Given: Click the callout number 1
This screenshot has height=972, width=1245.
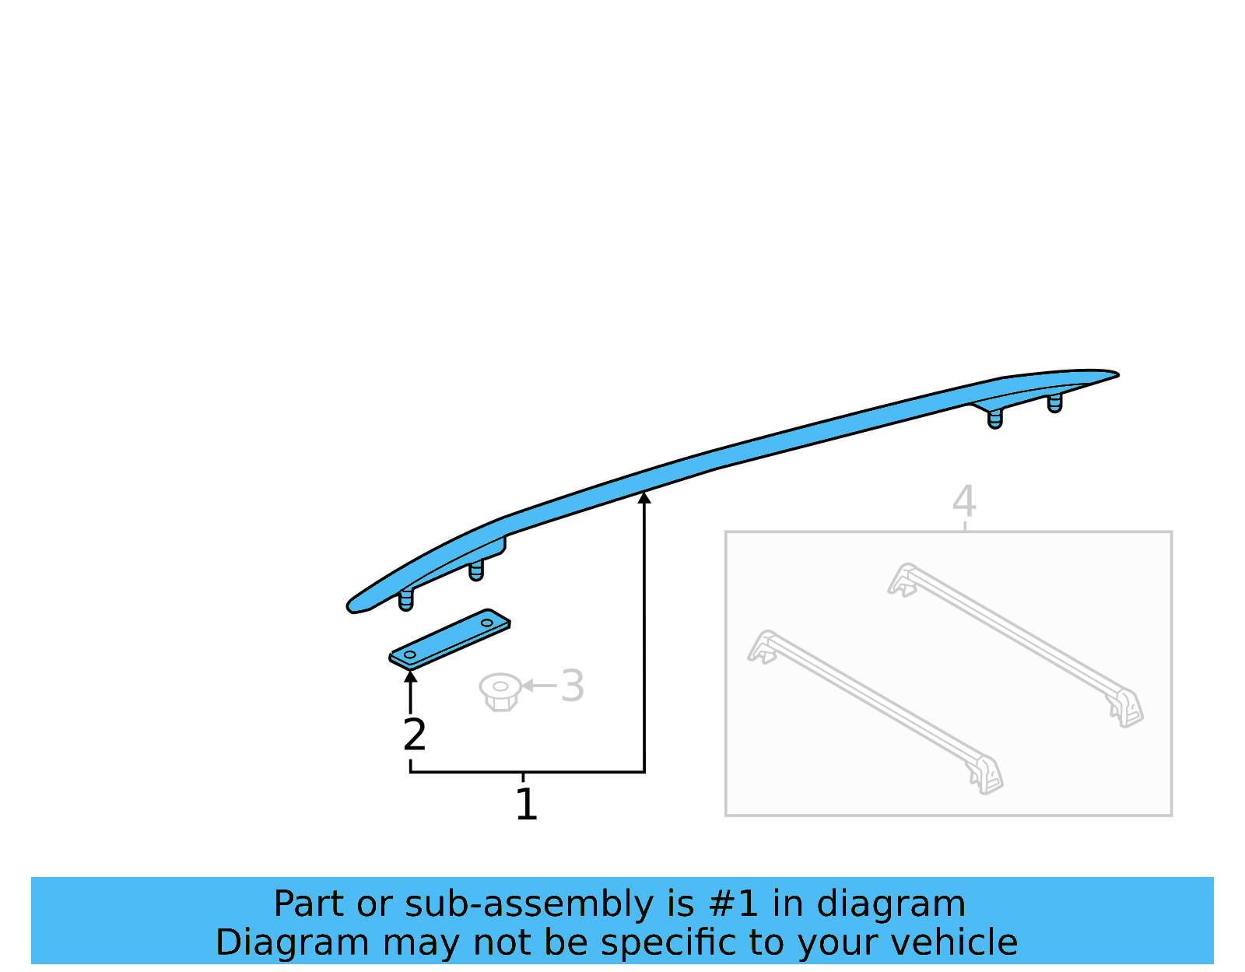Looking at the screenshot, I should click(x=526, y=805).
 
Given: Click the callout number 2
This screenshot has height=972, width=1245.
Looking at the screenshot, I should click(x=415, y=735).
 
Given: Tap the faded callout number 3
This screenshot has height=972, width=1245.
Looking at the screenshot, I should click(x=572, y=686).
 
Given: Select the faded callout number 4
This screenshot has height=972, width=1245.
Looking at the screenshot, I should click(x=964, y=501).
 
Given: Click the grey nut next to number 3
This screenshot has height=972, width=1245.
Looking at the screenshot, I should click(x=500, y=691).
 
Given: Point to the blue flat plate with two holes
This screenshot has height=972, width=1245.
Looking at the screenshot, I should click(x=450, y=639).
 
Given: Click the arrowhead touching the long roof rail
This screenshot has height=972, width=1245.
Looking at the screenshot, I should click(x=644, y=497).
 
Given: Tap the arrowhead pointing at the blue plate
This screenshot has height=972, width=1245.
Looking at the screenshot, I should click(x=411, y=675).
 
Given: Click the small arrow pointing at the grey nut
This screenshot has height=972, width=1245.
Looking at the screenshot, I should click(x=528, y=686).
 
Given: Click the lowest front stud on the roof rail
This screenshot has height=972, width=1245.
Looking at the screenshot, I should click(x=405, y=600).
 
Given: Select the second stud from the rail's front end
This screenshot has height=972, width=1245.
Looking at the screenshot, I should click(x=476, y=571).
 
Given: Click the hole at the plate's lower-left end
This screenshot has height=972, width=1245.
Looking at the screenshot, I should click(x=410, y=654).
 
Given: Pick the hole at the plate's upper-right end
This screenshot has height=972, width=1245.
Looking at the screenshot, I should click(x=487, y=623).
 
